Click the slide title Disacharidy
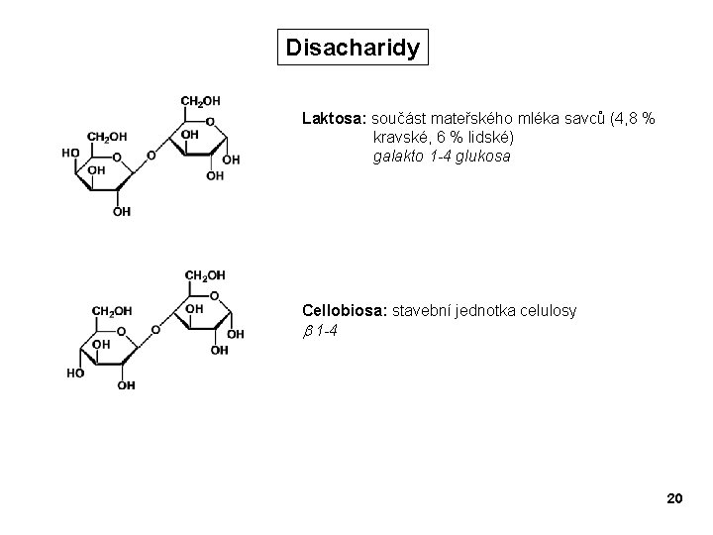(x=353, y=47)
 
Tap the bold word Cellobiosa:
(x=346, y=311)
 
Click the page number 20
(x=674, y=497)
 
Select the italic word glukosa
(x=484, y=157)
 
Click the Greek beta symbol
(x=307, y=331)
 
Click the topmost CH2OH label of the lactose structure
(x=200, y=100)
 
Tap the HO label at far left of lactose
(x=70, y=153)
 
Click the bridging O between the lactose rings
(x=151, y=156)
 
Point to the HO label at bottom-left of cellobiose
(x=75, y=374)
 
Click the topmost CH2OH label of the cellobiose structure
(x=205, y=274)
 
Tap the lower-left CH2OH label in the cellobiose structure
(x=111, y=311)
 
